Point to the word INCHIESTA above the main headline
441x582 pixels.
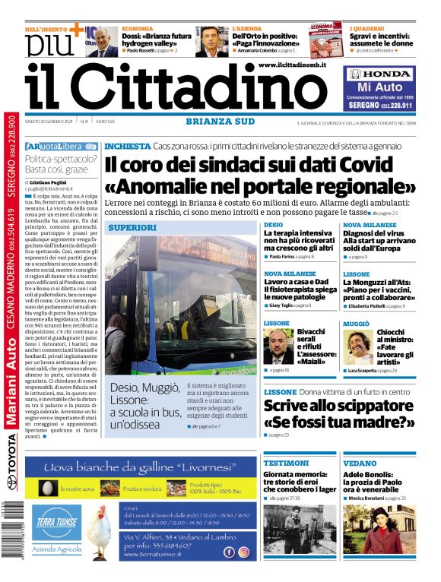click(x=126, y=145)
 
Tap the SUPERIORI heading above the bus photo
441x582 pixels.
click(x=132, y=227)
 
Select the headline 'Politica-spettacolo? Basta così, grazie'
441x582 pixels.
click(x=61, y=164)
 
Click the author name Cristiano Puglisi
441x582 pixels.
click(x=54, y=183)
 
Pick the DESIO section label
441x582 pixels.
click(x=273, y=225)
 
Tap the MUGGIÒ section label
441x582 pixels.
click(x=357, y=324)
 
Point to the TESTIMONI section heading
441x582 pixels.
click(x=285, y=463)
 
